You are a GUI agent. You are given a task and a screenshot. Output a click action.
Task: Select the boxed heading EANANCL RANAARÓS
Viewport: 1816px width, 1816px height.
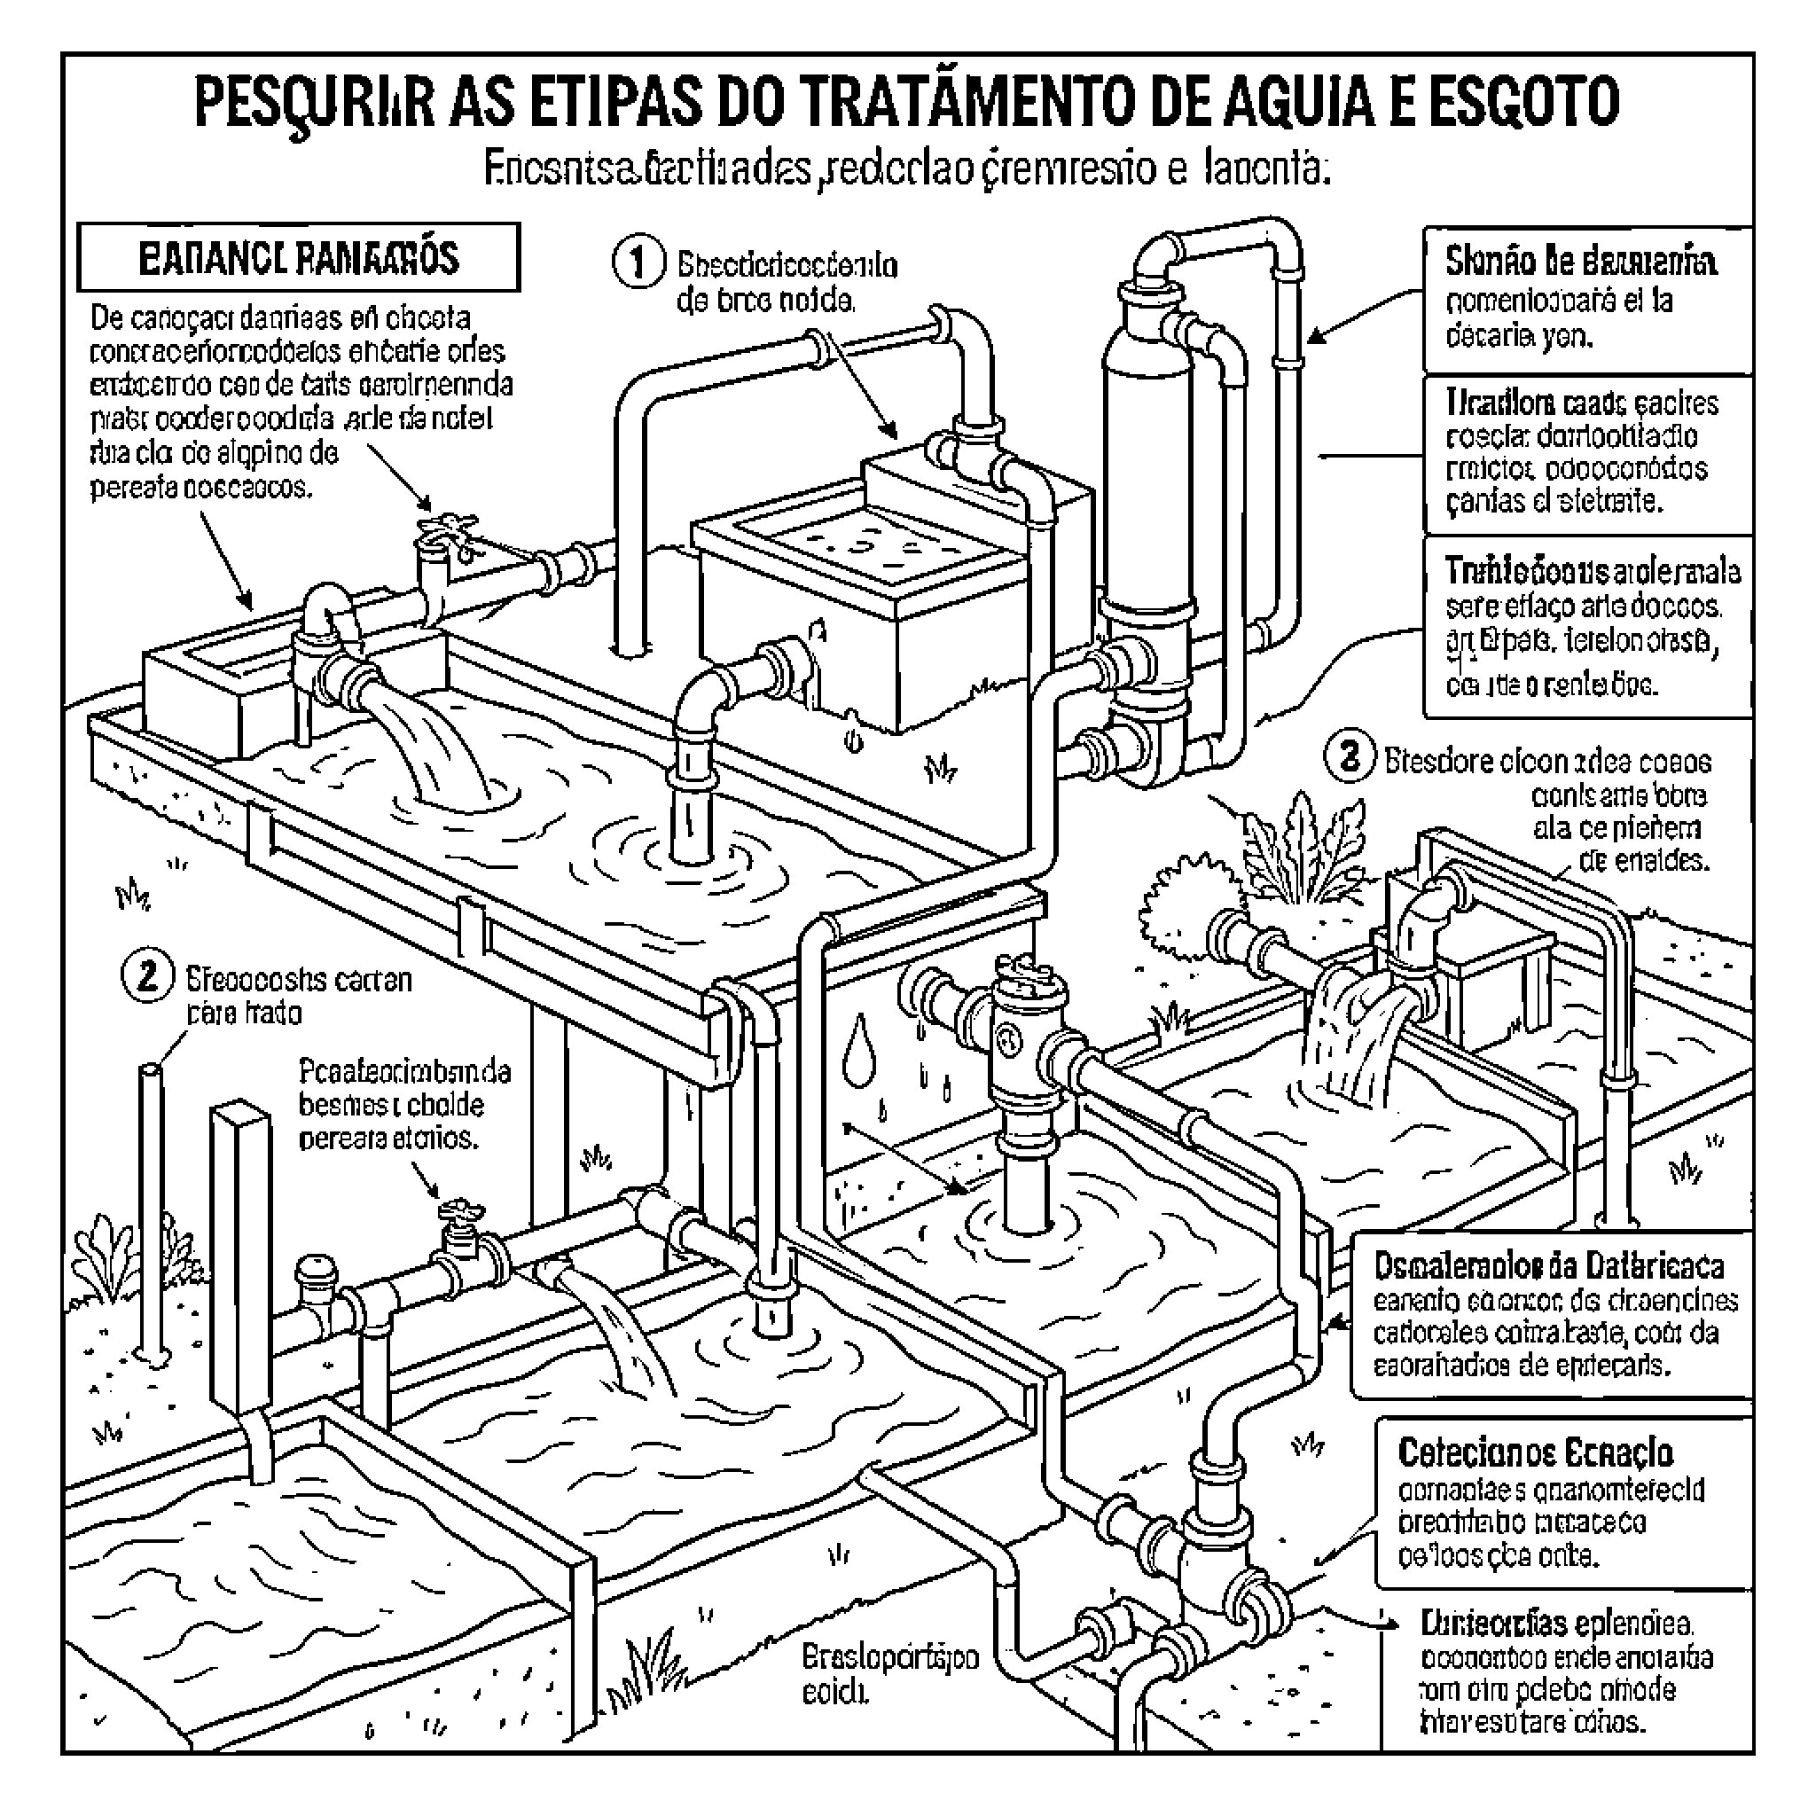pyautogui.click(x=298, y=257)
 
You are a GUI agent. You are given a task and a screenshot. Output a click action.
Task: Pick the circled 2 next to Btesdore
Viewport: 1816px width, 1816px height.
pyautogui.click(x=1350, y=756)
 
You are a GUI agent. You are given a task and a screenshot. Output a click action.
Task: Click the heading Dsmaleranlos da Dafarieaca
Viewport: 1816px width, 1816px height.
pyautogui.click(x=1548, y=1267)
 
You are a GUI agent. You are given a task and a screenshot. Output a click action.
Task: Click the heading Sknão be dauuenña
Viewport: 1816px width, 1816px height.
pyautogui.click(x=1580, y=262)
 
